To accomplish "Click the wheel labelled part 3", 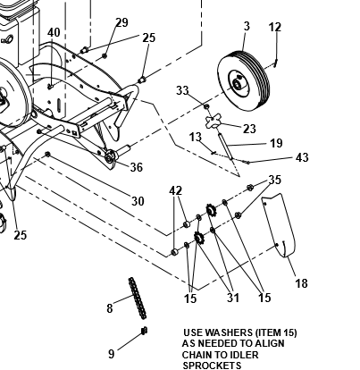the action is point(244,81).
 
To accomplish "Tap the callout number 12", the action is point(275,28).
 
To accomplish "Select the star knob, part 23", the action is point(213,122).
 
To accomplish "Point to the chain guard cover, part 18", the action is point(279,225).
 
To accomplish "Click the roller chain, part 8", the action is point(138,299).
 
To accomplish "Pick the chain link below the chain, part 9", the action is point(145,331).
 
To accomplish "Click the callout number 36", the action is point(137,167).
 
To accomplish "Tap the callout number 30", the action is point(138,201).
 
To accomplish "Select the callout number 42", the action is point(175,190).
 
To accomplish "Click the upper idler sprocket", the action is point(212,210).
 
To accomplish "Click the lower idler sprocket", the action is point(199,238).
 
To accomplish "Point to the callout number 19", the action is point(276,143).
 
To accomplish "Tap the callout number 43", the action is point(302,157).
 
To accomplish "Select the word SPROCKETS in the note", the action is point(212,366).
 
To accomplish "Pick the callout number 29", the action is point(121,22).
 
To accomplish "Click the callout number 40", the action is point(54,32).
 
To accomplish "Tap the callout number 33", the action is point(182,90).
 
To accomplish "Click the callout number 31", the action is point(233,298).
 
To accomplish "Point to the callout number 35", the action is point(275,180).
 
